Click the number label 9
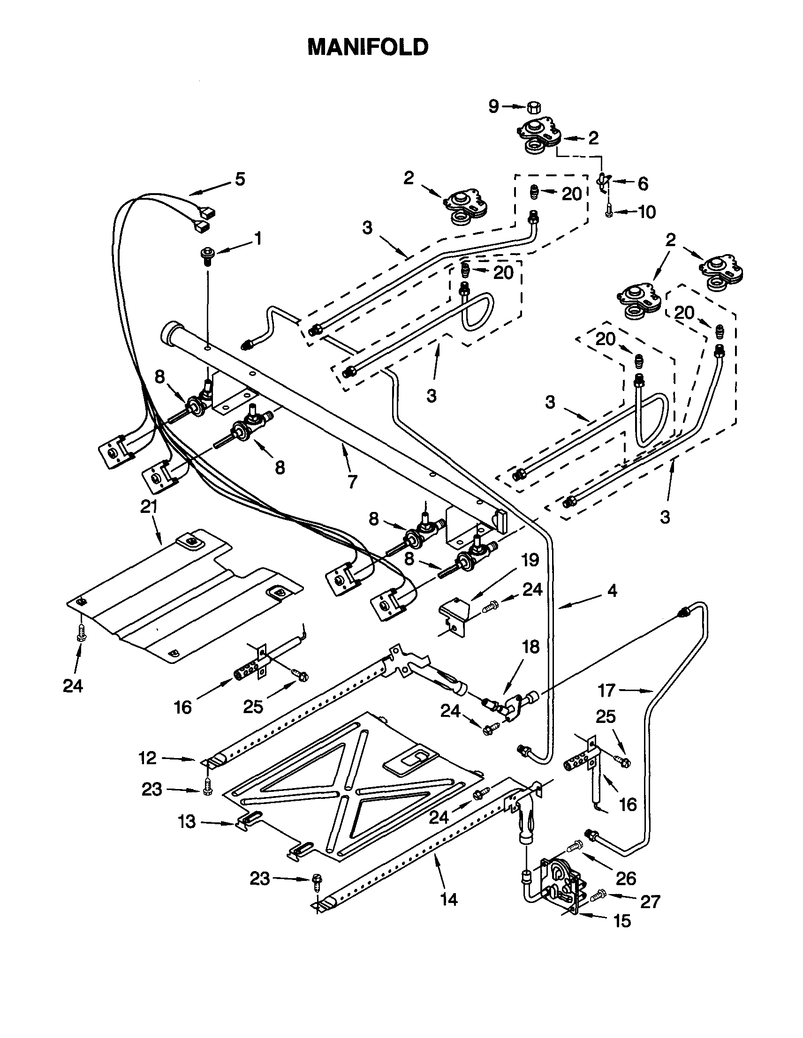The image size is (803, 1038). point(494,107)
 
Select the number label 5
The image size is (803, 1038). point(240,180)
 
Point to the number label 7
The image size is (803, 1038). point(352,482)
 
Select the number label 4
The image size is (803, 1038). point(612,591)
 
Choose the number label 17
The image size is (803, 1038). point(606,690)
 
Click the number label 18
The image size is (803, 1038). point(530,647)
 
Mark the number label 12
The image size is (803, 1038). point(147,758)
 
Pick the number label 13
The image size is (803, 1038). point(187,822)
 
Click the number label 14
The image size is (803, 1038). point(449,899)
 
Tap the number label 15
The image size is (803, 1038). point(622,921)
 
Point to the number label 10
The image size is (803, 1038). point(646,212)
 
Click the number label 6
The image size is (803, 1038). point(642,183)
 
